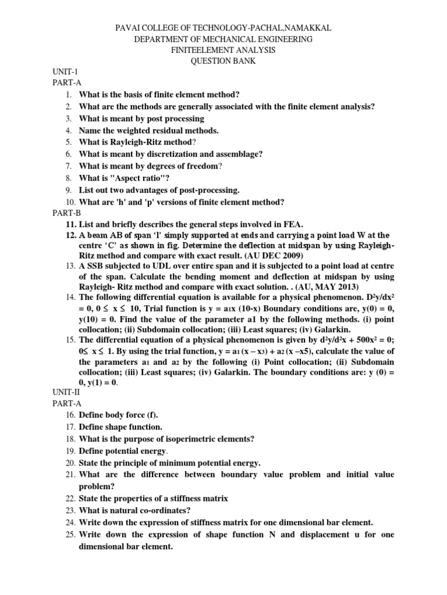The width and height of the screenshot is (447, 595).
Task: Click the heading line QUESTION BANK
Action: coord(223,61)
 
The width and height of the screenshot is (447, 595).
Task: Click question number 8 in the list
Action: coord(68,178)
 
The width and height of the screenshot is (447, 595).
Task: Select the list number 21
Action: coord(70,475)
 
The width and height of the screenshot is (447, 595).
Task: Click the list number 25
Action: coord(70,535)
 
